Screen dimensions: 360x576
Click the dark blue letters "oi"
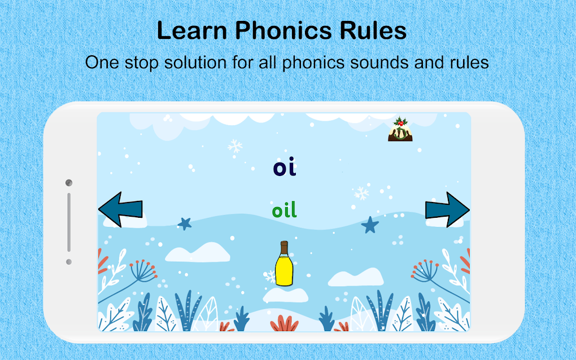point(285,168)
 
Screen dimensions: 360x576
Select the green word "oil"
point(284,210)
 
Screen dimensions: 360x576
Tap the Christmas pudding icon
point(400,130)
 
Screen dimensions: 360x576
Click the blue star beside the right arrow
point(370,225)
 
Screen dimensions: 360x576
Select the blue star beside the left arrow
point(185,223)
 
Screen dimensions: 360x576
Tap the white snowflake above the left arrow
point(235,147)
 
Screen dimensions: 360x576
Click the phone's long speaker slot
point(69,222)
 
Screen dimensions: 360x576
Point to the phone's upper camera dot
point(69,183)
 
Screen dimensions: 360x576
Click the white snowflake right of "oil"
point(361,194)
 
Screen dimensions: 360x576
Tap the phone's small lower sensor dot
point(69,262)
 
